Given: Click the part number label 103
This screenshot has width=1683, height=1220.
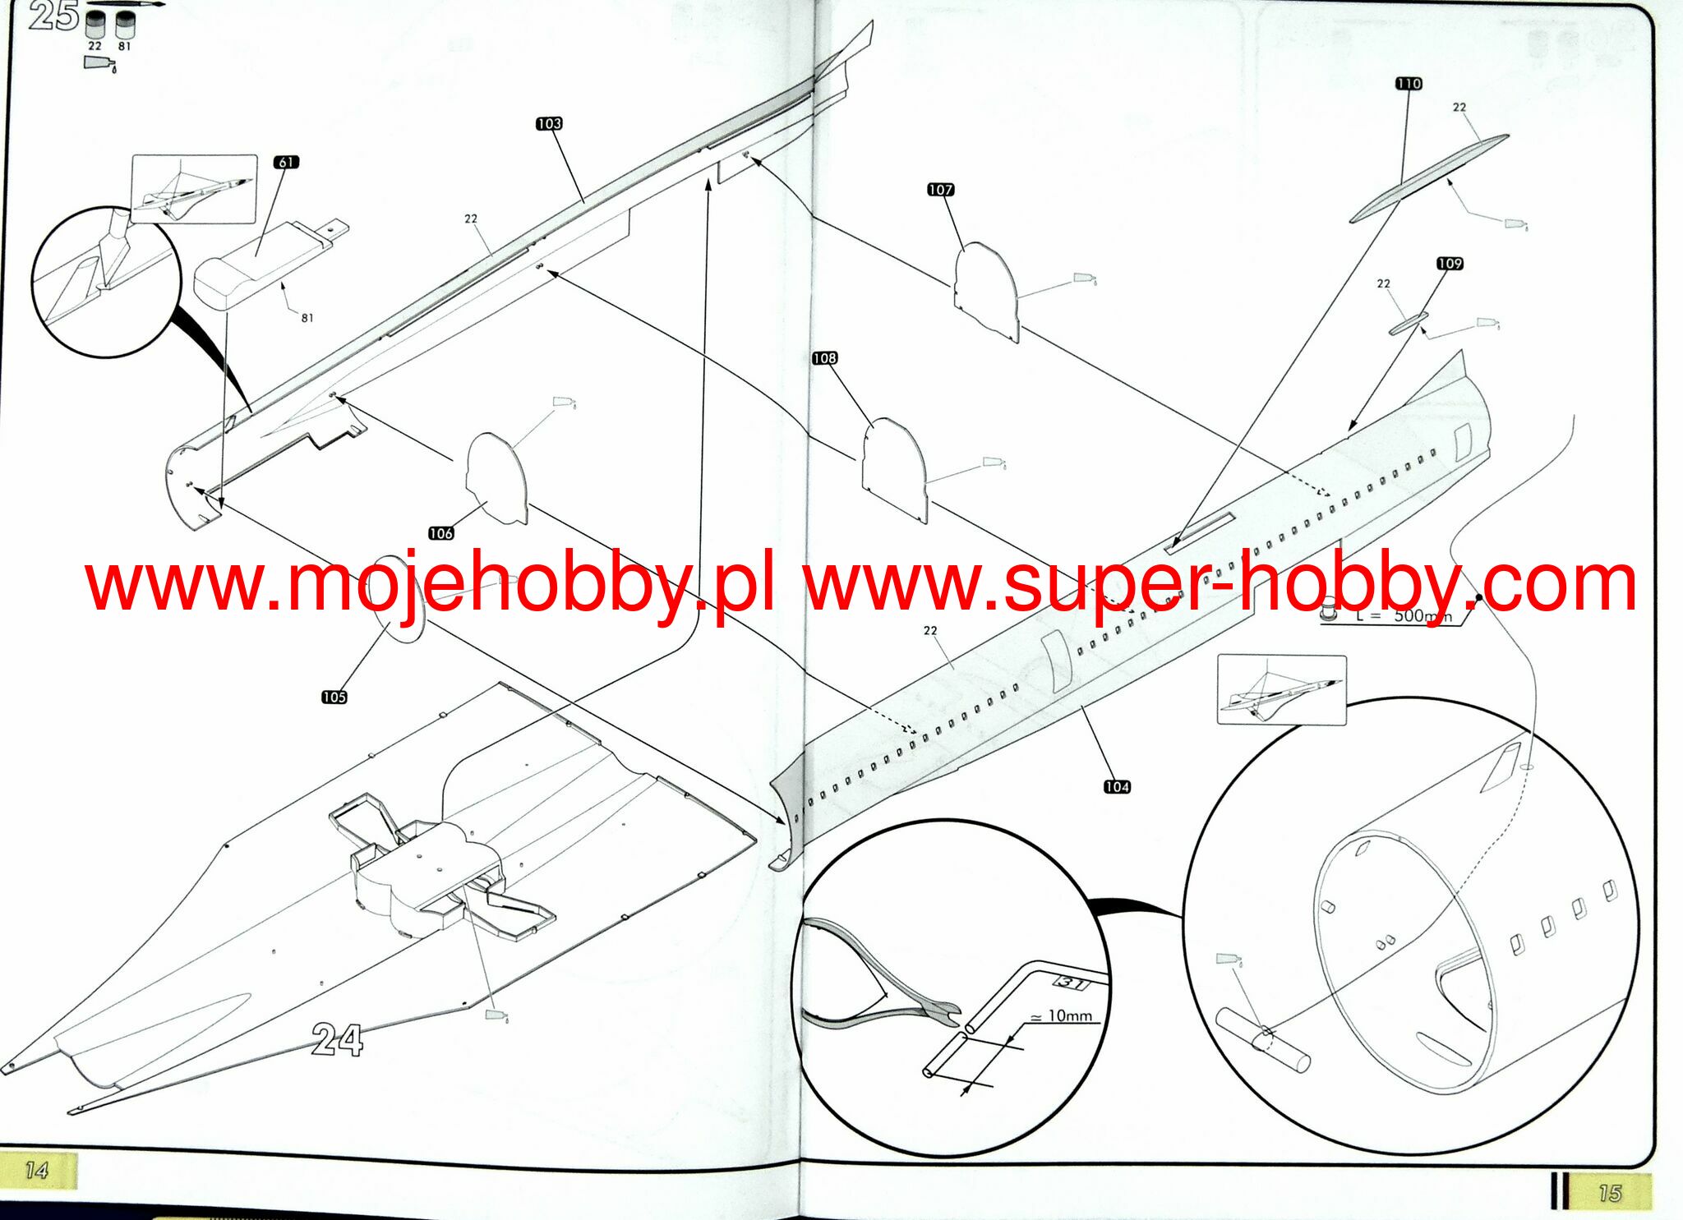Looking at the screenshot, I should point(549,124).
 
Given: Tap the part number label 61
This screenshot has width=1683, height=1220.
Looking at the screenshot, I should point(286,162).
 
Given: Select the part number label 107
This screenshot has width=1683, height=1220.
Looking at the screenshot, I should point(940,190).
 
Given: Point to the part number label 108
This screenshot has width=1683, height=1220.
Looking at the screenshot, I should point(824,358).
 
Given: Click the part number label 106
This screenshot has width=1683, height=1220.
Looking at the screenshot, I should point(441,533).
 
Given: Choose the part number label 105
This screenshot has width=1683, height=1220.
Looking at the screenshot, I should point(334,697).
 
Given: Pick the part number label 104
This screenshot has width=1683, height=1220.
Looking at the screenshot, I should point(1117,787).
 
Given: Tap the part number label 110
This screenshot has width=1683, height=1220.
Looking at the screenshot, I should point(1409,84).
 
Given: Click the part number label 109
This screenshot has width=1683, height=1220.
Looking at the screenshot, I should point(1450,264).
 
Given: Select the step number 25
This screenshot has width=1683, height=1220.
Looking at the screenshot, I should point(54,16).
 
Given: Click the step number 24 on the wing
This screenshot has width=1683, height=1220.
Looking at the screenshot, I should point(338,1040).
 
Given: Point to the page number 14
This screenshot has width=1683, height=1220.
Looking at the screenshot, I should point(37,1171).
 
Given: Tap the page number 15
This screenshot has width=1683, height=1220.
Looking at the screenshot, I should point(1610,1192).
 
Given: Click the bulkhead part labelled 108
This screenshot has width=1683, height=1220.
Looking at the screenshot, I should point(895,468).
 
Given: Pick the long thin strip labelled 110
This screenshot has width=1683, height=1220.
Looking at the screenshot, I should point(1430,178).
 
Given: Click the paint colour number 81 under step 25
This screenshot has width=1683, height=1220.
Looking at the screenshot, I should point(124,47).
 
